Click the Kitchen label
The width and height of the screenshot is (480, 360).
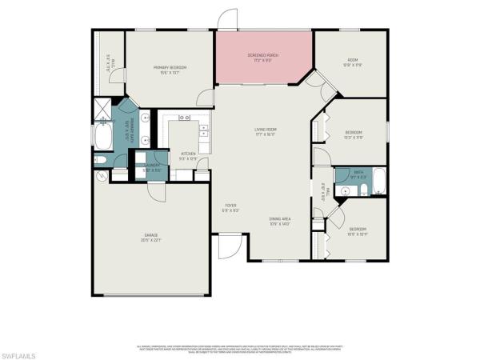pyautogui.click(x=189, y=155)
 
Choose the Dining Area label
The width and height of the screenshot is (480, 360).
pyautogui.click(x=279, y=222)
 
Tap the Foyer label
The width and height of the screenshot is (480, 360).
pyautogui.click(x=230, y=209)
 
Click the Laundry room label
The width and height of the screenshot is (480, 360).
pyautogui.click(x=152, y=167)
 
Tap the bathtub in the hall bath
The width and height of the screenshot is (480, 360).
pyautogui.click(x=378, y=182)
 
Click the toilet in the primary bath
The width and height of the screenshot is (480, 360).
pyautogui.click(x=102, y=159)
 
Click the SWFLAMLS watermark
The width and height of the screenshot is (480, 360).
pyautogui.click(x=22, y=350)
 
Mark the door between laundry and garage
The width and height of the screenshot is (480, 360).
pyautogui.click(x=157, y=192)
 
